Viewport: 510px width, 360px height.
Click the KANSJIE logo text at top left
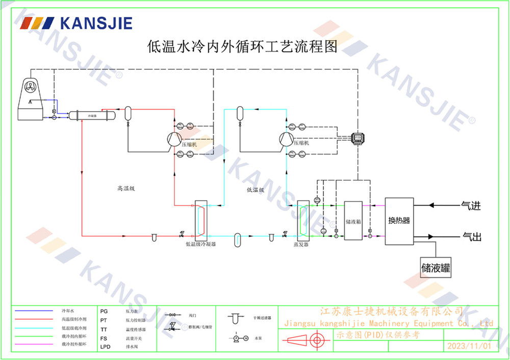96,23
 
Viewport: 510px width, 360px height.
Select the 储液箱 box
353,220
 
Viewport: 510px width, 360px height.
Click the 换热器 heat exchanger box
399,221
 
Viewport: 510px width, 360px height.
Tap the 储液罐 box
436,267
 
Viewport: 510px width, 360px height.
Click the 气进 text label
471,205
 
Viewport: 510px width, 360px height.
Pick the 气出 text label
471,236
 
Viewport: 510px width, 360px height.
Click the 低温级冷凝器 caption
200,245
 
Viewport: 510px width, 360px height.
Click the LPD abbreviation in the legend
105,347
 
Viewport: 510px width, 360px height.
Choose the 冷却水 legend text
68,311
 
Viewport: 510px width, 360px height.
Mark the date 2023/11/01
469,346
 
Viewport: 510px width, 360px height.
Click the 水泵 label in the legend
258,338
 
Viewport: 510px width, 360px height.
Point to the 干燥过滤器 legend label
262,317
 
